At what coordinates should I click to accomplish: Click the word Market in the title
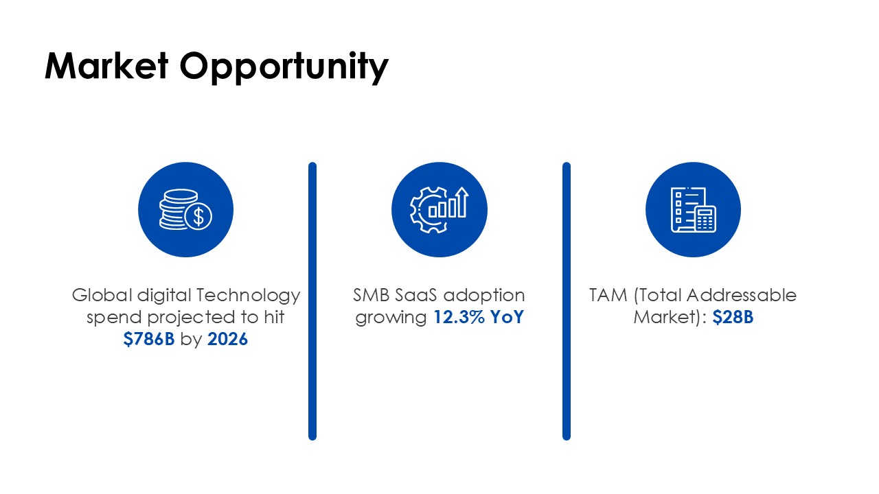[x=106, y=66]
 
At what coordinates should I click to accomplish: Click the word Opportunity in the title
[x=284, y=68]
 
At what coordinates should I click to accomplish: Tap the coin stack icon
[x=185, y=210]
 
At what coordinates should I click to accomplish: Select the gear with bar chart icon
[x=439, y=210]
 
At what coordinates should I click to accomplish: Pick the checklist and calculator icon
[x=694, y=210]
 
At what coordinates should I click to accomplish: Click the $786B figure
[x=149, y=339]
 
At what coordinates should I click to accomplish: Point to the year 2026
[x=227, y=339]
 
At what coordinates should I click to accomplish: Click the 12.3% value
[x=459, y=317]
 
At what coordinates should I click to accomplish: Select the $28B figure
[x=733, y=317]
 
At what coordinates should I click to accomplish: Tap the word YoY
[x=507, y=317]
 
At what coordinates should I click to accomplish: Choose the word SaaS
[x=416, y=295]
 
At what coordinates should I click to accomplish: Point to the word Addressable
[x=742, y=295]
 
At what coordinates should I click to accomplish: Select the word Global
[x=102, y=295]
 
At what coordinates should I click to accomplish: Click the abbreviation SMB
[x=372, y=295]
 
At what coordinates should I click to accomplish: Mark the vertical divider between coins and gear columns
[x=312, y=301]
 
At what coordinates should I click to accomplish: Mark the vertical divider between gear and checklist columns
[x=567, y=301]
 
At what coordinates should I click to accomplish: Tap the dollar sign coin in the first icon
[x=198, y=216]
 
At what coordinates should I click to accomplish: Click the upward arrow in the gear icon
[x=463, y=202]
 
